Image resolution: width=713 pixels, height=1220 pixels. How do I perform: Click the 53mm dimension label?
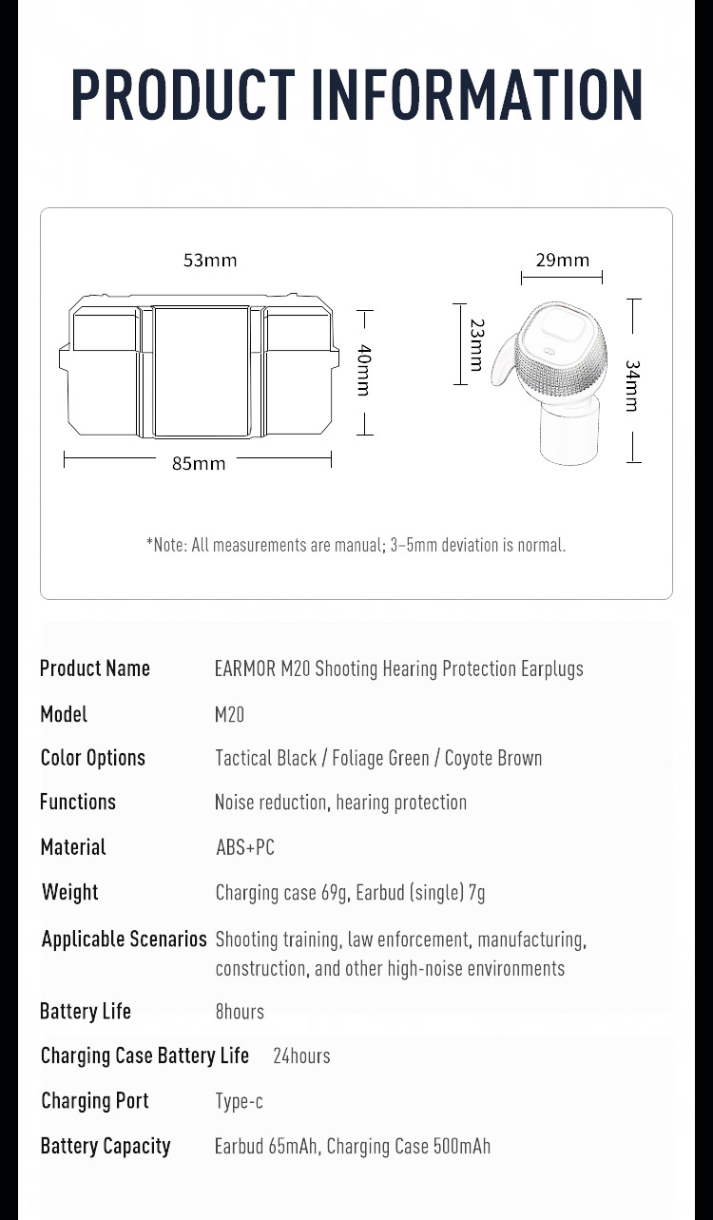(210, 261)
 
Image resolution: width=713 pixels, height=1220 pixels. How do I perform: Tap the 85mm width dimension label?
(199, 463)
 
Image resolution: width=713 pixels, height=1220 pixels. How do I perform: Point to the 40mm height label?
(364, 370)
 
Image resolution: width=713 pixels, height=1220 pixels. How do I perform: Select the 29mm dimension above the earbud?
(562, 261)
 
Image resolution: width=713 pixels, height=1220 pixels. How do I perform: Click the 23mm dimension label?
(476, 344)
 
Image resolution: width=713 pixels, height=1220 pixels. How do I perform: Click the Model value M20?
(230, 714)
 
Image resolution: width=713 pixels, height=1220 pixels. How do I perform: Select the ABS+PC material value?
(245, 846)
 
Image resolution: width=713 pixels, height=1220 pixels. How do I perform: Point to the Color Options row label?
(93, 758)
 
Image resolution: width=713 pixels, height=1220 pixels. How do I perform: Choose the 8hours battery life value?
(240, 1012)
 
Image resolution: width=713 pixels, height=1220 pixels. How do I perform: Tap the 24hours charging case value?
(301, 1055)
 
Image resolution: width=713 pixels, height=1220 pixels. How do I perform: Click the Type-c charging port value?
(239, 1101)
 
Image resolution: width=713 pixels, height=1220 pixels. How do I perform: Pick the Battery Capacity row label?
(106, 1146)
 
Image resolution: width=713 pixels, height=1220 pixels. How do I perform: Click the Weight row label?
(70, 892)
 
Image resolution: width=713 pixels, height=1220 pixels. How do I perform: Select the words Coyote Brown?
(493, 758)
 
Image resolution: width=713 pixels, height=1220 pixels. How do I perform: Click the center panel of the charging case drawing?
(202, 371)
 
